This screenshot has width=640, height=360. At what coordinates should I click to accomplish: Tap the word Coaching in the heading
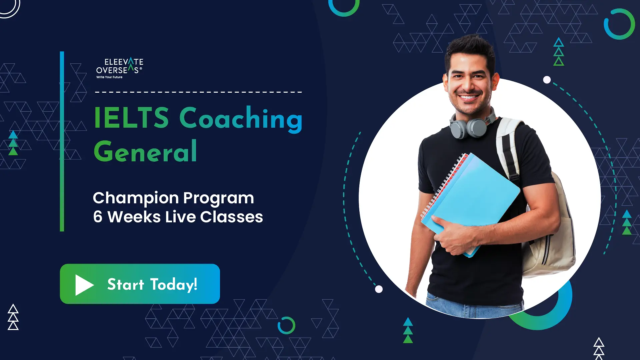point(241,119)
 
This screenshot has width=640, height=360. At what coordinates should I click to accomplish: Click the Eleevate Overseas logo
point(120,68)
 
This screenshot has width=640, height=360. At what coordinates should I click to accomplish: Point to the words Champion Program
point(173,198)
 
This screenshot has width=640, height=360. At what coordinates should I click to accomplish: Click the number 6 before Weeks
point(98,217)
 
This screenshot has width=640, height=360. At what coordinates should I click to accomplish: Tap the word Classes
point(232,217)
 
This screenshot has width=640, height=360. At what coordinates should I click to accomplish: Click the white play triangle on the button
point(84,285)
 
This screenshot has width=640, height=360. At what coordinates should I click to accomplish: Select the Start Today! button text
point(152,284)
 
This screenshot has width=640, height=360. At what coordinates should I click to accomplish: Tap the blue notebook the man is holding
point(473,200)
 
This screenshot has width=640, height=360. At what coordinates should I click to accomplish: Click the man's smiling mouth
point(468,97)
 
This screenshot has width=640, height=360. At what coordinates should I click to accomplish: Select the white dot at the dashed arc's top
point(547,80)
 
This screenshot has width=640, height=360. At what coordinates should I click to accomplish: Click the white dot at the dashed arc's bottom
point(379,289)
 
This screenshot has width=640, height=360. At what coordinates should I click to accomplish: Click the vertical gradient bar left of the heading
point(62,141)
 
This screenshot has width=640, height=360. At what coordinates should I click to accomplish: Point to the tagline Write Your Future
point(109,77)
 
